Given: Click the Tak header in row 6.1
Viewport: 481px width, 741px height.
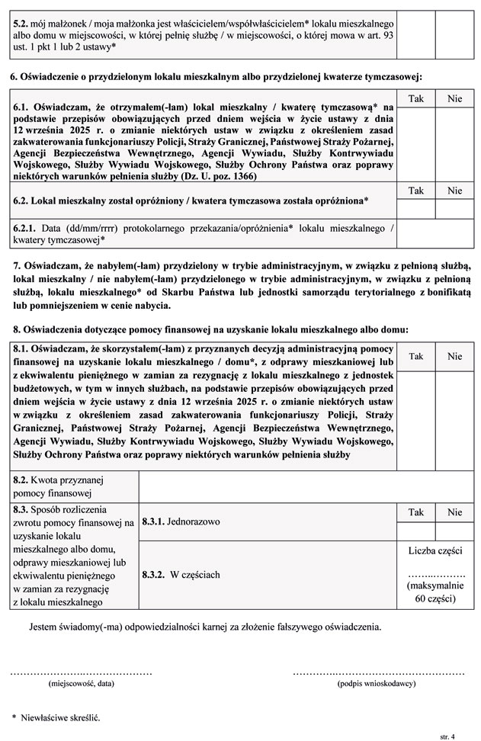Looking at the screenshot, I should tap(416, 99).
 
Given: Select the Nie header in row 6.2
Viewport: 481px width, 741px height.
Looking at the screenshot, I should tap(454, 191).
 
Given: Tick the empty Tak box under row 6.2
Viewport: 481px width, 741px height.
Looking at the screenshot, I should tap(416, 208).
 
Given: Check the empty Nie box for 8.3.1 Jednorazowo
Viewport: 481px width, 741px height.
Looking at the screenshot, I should tap(454, 531).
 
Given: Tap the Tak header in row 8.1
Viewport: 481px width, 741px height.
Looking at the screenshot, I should tap(416, 356).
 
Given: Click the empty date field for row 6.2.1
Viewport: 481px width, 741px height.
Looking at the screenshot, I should tap(435, 233).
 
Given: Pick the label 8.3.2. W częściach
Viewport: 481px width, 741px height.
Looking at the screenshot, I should tap(181, 574).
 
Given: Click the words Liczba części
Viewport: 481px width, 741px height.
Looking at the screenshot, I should tap(435, 550).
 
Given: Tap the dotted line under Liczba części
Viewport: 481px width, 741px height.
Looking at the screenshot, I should tap(435, 573).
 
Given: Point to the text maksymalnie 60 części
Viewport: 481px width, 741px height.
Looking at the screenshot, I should tap(435, 592).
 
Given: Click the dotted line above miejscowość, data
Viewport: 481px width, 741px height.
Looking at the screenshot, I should tap(81, 674).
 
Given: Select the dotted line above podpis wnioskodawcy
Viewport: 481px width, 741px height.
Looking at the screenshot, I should tap(378, 674).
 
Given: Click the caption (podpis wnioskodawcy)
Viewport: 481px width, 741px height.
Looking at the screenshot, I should tap(378, 685).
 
